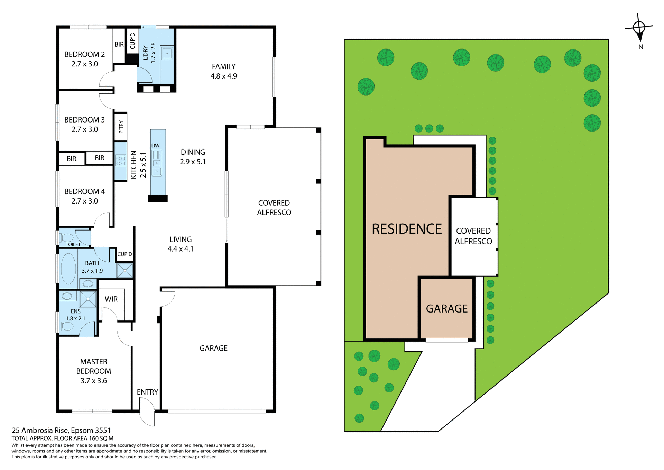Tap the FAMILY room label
(x=223, y=66)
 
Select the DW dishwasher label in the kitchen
(x=155, y=146)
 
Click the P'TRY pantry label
(x=121, y=127)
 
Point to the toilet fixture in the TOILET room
(x=67, y=238)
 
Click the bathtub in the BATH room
(x=68, y=269)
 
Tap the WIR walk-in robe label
(x=111, y=299)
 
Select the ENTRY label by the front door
(x=147, y=392)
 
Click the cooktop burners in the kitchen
(x=120, y=161)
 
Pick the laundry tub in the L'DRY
(x=167, y=54)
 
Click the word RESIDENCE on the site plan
(x=407, y=229)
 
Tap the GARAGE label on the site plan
(x=446, y=309)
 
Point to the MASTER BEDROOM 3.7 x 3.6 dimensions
(x=94, y=381)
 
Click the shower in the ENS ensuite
(x=88, y=299)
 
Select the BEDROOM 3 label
(x=84, y=120)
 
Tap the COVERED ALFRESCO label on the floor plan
(x=274, y=208)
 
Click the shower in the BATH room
(x=124, y=271)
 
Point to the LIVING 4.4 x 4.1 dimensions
(x=180, y=249)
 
